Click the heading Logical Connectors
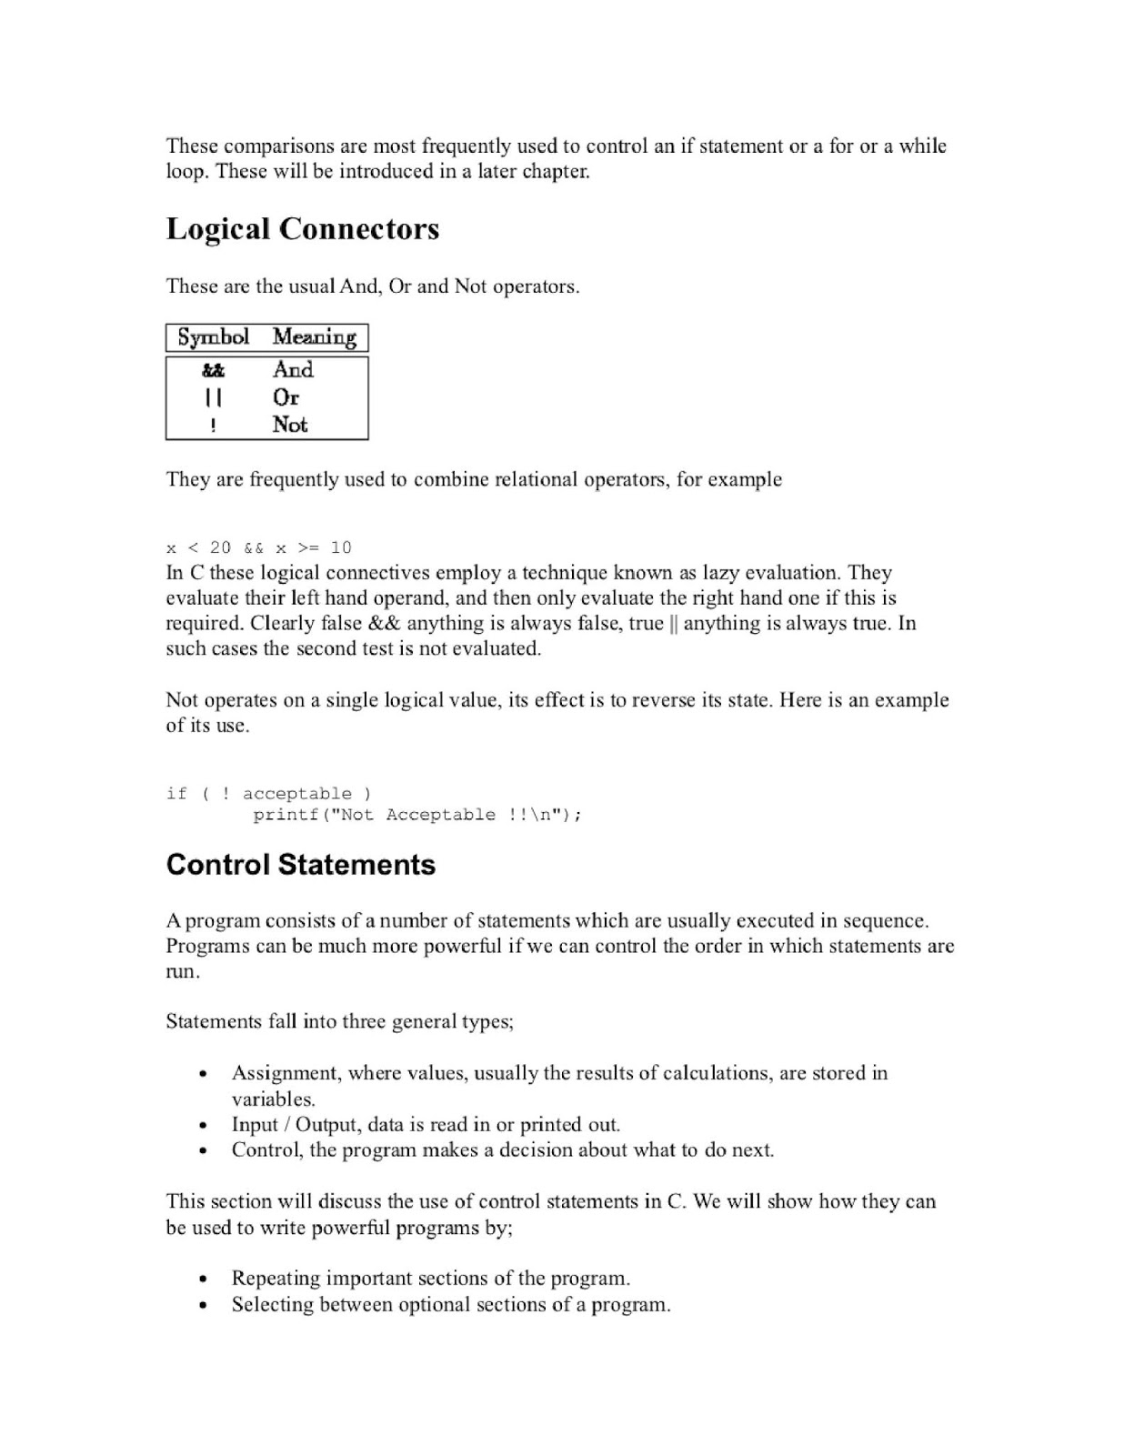(x=302, y=229)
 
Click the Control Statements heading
(x=300, y=864)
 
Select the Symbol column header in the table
(x=213, y=337)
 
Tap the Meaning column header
(x=314, y=337)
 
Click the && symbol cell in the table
(x=213, y=370)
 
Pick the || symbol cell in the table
(x=213, y=397)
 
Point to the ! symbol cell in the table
(x=213, y=425)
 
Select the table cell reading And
(x=293, y=370)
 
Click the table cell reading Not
(x=290, y=425)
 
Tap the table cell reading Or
(x=286, y=397)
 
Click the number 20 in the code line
(x=220, y=547)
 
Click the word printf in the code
(x=286, y=815)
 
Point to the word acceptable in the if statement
(x=296, y=794)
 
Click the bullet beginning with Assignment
(x=204, y=1074)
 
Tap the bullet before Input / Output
(x=204, y=1125)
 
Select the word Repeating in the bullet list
(x=275, y=1279)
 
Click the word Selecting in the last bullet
(x=272, y=1305)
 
